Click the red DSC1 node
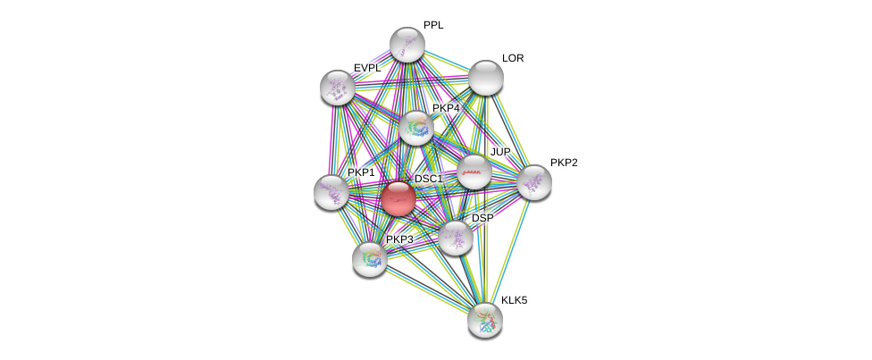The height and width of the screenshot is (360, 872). pos(398,197)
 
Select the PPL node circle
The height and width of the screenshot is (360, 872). pos(407,45)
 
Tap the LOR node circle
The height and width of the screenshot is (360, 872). pos(486,78)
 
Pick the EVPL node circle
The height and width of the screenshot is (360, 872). pos(338,87)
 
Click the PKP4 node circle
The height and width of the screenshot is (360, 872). pos(416,128)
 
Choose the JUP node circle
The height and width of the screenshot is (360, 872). pos(474,172)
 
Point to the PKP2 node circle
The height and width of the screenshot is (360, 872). pos(534,182)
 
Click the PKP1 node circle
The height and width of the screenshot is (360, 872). pos(331,191)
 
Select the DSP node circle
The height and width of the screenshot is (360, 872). pos(455,237)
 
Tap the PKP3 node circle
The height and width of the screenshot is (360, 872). pos(369,259)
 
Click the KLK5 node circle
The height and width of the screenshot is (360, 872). pos(485,319)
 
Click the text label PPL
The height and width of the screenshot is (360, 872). pos(433,25)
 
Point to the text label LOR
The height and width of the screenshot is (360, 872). pos(513,58)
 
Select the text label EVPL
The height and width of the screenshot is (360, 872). pos(367,68)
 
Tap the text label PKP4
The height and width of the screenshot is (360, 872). pos(445,108)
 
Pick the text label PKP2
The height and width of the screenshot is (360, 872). pos(564,163)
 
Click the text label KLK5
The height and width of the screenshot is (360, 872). pos(514,300)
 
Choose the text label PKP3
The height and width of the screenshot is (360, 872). pos(399,239)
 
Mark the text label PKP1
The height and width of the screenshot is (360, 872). pos(361,172)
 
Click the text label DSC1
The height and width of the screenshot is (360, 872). pos(428,179)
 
